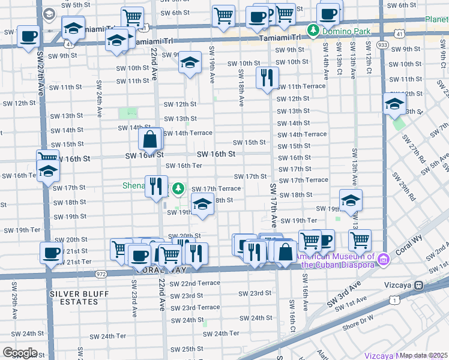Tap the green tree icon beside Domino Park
pyautogui.click(x=313, y=29)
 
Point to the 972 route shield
pyautogui.click(x=100, y=274)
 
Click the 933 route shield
pyautogui.click(x=382, y=44)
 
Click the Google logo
pyautogui.click(x=20, y=353)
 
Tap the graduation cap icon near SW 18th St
pyautogui.click(x=203, y=205)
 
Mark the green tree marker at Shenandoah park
pyautogui.click(x=178, y=189)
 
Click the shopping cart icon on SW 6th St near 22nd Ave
pyautogui.click(x=132, y=17)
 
